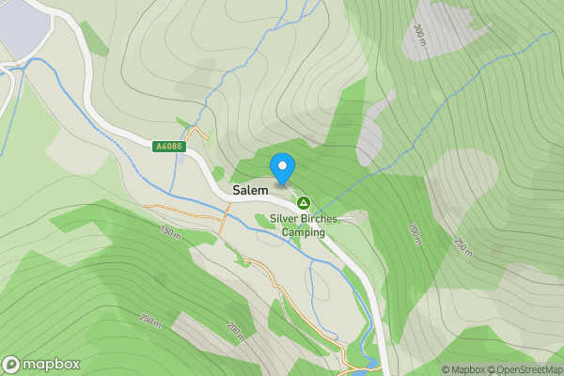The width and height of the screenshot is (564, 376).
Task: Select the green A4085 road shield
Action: click(169, 146)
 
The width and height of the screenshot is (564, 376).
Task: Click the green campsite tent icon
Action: click(303, 202)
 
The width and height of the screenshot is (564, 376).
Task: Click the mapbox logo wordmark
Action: click(51, 365)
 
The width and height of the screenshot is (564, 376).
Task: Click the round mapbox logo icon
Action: click(11, 365)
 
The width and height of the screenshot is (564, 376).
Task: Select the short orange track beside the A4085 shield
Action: click(195, 134)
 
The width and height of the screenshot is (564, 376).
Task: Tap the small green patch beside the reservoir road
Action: click(94, 38)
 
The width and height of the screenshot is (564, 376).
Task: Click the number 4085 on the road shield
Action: click(173, 146)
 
